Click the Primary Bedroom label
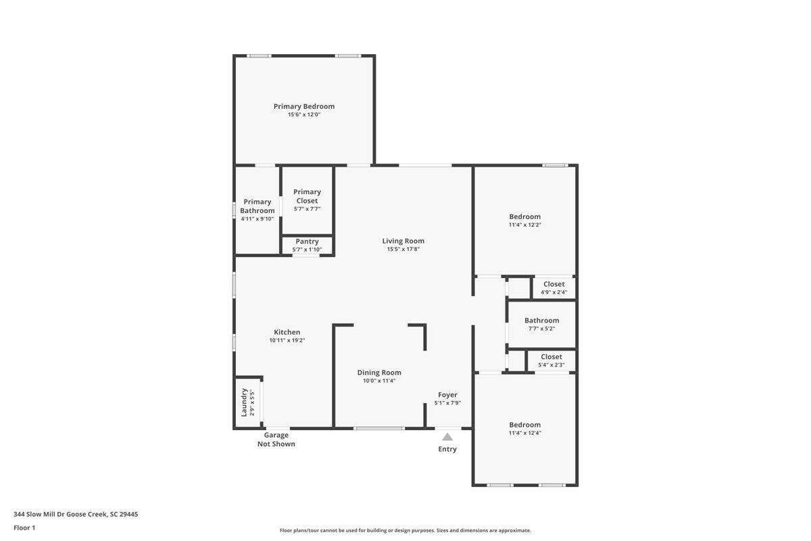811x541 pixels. tap(303, 106)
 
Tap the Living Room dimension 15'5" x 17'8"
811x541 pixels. tap(403, 249)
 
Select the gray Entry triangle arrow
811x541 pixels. tap(447, 437)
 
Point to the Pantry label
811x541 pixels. tap(307, 241)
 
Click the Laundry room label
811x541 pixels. tap(244, 402)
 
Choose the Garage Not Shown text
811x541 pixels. tap(276, 439)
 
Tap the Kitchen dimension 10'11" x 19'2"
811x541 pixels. tap(287, 340)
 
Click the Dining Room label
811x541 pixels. tap(379, 373)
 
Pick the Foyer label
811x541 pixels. tap(447, 395)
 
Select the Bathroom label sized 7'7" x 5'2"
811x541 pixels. tap(541, 321)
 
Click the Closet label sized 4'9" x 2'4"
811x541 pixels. tap(554, 284)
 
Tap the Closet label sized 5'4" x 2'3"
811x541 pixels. tap(551, 356)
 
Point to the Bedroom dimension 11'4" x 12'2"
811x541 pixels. tap(525, 225)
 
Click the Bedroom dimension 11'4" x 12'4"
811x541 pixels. tap(525, 433)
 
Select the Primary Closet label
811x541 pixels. tap(307, 196)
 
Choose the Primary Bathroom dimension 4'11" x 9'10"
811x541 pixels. tap(257, 219)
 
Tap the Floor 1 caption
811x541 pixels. tap(24, 527)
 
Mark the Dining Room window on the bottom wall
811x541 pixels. tap(379, 428)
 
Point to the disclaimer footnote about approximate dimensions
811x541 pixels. tap(405, 530)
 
